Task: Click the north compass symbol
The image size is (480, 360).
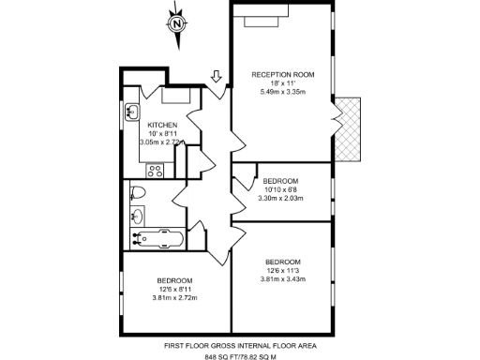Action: pos(174,24)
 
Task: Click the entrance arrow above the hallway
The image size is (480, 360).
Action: pos(217,79)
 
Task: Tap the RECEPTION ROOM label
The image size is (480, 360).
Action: pos(282,73)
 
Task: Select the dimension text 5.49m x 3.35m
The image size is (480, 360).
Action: pos(282,92)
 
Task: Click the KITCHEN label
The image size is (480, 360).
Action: pos(163,124)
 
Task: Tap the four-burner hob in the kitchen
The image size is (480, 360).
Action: pos(156,171)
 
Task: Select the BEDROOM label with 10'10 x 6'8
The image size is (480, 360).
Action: pos(280,180)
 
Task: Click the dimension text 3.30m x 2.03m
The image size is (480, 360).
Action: pos(280,198)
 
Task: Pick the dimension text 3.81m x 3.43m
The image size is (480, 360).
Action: pos(283,279)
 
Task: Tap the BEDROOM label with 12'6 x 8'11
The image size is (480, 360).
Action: pos(174,280)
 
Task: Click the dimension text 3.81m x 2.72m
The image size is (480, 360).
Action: pos(174,298)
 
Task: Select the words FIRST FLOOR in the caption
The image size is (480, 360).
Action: pos(185,344)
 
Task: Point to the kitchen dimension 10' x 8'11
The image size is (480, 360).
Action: pos(163,133)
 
